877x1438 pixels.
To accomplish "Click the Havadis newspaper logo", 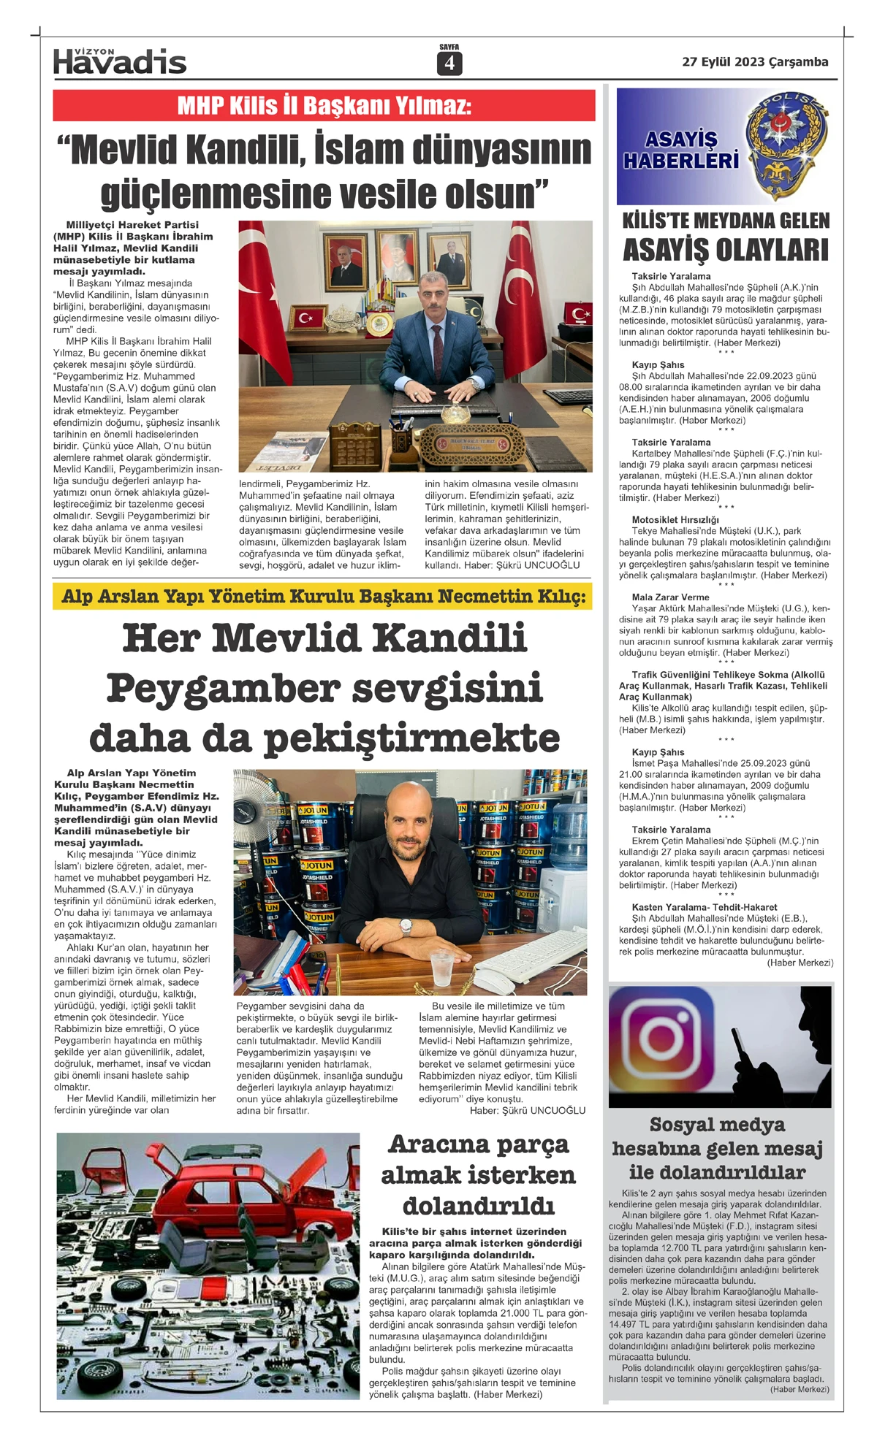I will click(x=120, y=61).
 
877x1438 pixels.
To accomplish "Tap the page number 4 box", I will click(x=449, y=64).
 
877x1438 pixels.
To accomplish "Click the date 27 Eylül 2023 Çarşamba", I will click(x=755, y=62).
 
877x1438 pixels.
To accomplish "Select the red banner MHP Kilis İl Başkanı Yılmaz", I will click(x=324, y=106).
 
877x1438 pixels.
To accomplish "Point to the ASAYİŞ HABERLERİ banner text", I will click(x=681, y=150).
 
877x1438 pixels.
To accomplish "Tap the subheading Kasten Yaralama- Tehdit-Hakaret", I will click(x=705, y=907).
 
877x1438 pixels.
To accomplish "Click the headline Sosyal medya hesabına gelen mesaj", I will click(x=717, y=1149).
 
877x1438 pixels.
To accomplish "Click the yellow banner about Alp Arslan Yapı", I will click(x=323, y=597).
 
